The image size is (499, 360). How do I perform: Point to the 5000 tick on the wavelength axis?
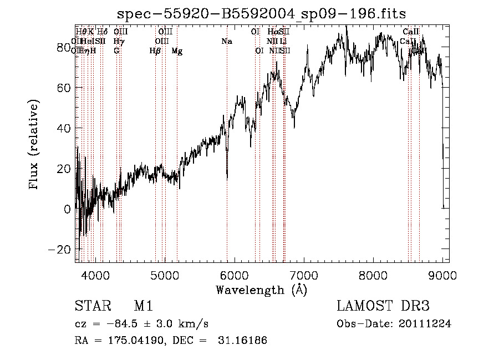164,274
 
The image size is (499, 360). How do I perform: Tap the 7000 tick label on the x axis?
303,274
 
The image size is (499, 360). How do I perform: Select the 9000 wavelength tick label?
442,274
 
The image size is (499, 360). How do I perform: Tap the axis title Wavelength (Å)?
261,290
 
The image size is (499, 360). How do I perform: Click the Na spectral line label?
226,42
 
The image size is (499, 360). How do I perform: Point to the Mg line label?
177,51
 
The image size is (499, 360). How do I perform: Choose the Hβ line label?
155,51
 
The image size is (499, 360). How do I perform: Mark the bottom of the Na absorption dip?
227,179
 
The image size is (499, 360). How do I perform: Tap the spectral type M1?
143,306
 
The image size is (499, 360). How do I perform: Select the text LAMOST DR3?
383,306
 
